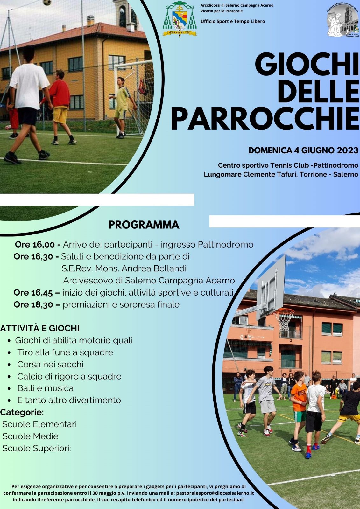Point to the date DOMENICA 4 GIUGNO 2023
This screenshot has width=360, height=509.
pyautogui.click(x=303, y=150)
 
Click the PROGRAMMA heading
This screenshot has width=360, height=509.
pyautogui.click(x=144, y=225)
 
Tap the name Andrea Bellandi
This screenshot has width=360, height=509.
pyautogui.click(x=154, y=268)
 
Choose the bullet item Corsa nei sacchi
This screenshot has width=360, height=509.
pyautogui.click(x=50, y=364)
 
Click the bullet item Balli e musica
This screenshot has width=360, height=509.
pyautogui.click(x=45, y=388)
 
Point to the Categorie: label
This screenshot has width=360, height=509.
pyautogui.click(x=22, y=412)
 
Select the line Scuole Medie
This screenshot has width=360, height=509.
pyautogui.click(x=30, y=436)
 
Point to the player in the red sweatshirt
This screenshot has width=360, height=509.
pyautogui.click(x=60, y=107)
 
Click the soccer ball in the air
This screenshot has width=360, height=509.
pyautogui.click(x=46, y=3)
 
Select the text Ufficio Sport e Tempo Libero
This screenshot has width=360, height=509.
pyautogui.click(x=233, y=21)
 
